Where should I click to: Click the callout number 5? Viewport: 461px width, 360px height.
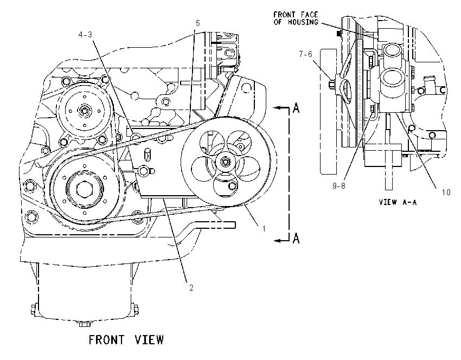pos(197,23)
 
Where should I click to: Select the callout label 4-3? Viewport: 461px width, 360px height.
pos(85,35)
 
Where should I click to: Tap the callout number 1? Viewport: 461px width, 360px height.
pos(264,228)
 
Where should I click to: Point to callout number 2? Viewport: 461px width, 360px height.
pos(191,288)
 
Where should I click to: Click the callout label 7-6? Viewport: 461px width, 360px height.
pos(305,54)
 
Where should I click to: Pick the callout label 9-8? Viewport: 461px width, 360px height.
pos(338,186)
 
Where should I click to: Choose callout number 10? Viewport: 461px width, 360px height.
pos(446,192)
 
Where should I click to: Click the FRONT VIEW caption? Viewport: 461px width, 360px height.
pos(126,340)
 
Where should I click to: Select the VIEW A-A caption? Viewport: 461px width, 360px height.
pos(398,202)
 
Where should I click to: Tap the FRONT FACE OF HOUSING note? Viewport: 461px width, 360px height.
pos(296,18)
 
